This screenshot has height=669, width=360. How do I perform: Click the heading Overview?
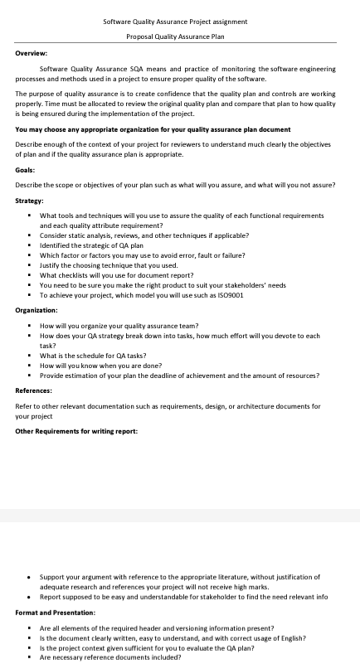[31, 52]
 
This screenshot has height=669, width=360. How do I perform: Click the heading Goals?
[25, 169]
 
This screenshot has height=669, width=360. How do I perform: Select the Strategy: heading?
[30, 200]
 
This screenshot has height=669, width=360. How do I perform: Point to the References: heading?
[34, 390]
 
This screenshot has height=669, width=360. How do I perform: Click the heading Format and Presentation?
[56, 612]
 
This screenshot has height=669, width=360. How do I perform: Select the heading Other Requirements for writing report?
[76, 431]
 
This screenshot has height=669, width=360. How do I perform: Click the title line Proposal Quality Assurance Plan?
[175, 36]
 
